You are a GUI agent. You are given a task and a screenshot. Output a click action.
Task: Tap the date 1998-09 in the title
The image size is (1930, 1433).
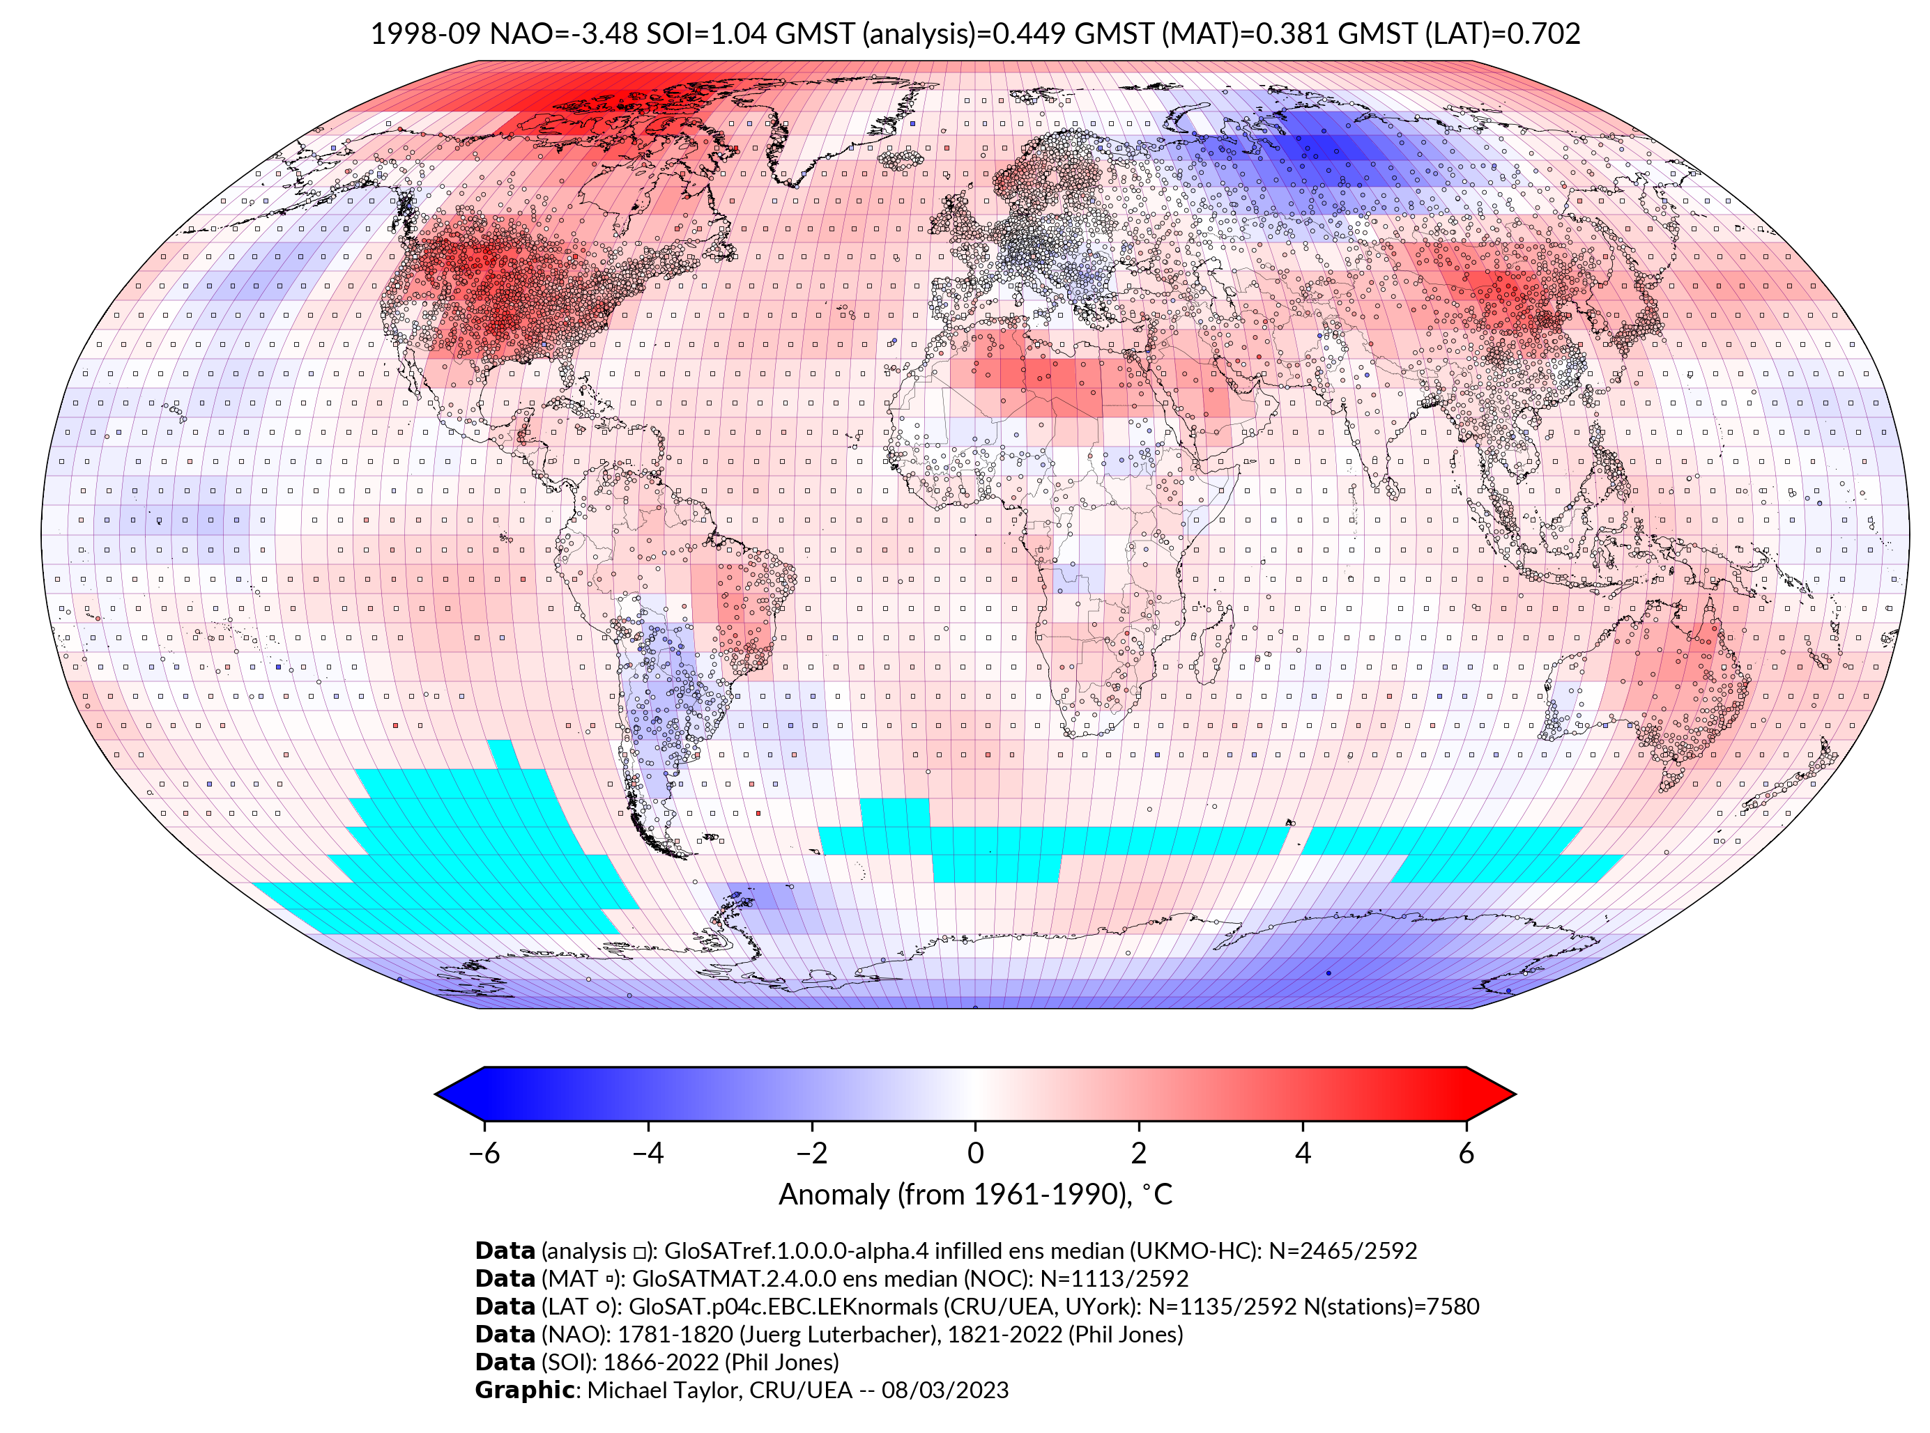tap(424, 34)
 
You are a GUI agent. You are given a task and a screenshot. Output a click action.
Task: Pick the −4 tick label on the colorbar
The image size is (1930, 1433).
tap(648, 1153)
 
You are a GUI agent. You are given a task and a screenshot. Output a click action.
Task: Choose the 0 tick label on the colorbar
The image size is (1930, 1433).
tap(975, 1153)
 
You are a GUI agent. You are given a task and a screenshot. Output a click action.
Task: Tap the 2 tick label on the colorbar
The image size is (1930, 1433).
tap(1139, 1153)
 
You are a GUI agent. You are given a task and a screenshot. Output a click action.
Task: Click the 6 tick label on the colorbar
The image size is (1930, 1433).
tap(1466, 1153)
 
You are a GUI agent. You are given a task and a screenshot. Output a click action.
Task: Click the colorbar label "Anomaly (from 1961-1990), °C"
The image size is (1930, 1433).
tap(975, 1195)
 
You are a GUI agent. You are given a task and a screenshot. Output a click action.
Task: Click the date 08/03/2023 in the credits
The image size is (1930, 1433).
tap(945, 1390)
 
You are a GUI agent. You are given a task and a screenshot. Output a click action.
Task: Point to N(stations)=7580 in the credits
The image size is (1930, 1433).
tap(1391, 1306)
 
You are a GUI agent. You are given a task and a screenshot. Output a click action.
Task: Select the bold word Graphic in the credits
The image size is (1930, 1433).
tap(524, 1390)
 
